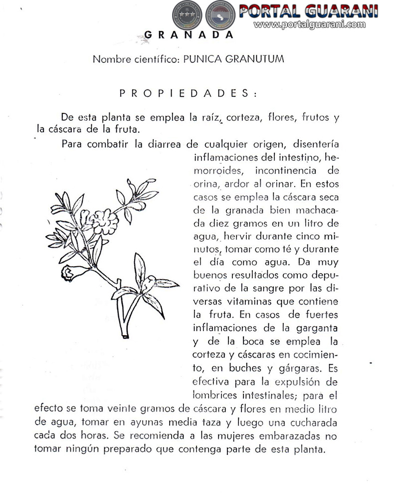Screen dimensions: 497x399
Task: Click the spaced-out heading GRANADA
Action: click(189, 35)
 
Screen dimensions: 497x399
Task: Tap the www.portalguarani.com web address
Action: click(313, 24)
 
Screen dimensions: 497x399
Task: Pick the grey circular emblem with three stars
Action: click(186, 16)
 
